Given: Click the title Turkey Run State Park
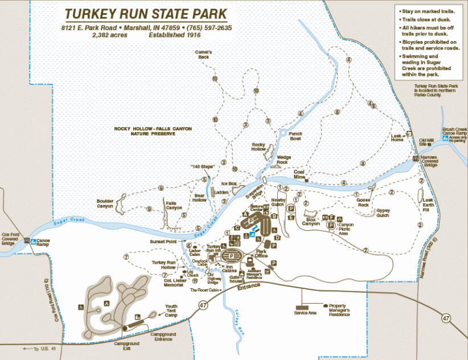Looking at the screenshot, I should pos(146,14).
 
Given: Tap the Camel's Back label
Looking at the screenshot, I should pos(204,55).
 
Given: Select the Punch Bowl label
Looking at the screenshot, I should pos(295,136).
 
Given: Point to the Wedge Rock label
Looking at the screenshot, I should pos(283,159).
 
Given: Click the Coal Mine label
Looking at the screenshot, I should pos(300,174).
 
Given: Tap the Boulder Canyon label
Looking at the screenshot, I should pos(105,203).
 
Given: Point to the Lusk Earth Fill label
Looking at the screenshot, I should pos(429,204).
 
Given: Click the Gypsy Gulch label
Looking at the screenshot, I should pos(383,212).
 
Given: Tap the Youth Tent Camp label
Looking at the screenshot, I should pos(171,310).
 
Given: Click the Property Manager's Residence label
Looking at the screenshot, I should pos(339,310).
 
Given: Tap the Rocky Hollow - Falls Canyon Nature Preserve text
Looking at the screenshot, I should pos(153,131).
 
